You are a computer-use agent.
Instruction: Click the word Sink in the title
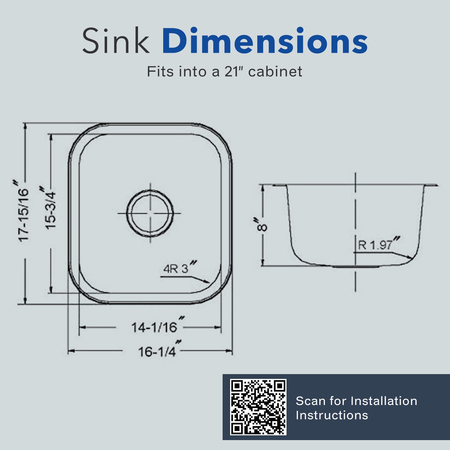pyautogui.click(x=115, y=41)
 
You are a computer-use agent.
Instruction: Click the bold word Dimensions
pyautogui.click(x=265, y=41)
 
